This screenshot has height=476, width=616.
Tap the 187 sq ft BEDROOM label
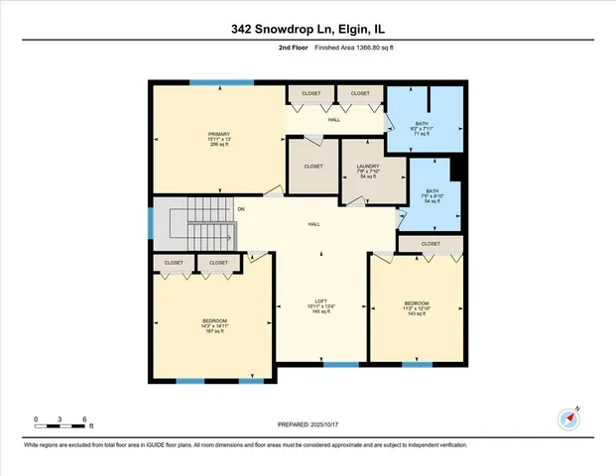[x=215, y=325]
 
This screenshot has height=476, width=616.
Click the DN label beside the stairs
[x=240, y=209]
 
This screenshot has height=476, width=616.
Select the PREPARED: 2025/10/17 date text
[x=308, y=424]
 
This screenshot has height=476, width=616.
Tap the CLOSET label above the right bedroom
[x=431, y=243]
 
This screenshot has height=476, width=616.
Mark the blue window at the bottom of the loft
[x=341, y=364]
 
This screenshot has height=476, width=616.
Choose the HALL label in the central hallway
[x=313, y=225]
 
